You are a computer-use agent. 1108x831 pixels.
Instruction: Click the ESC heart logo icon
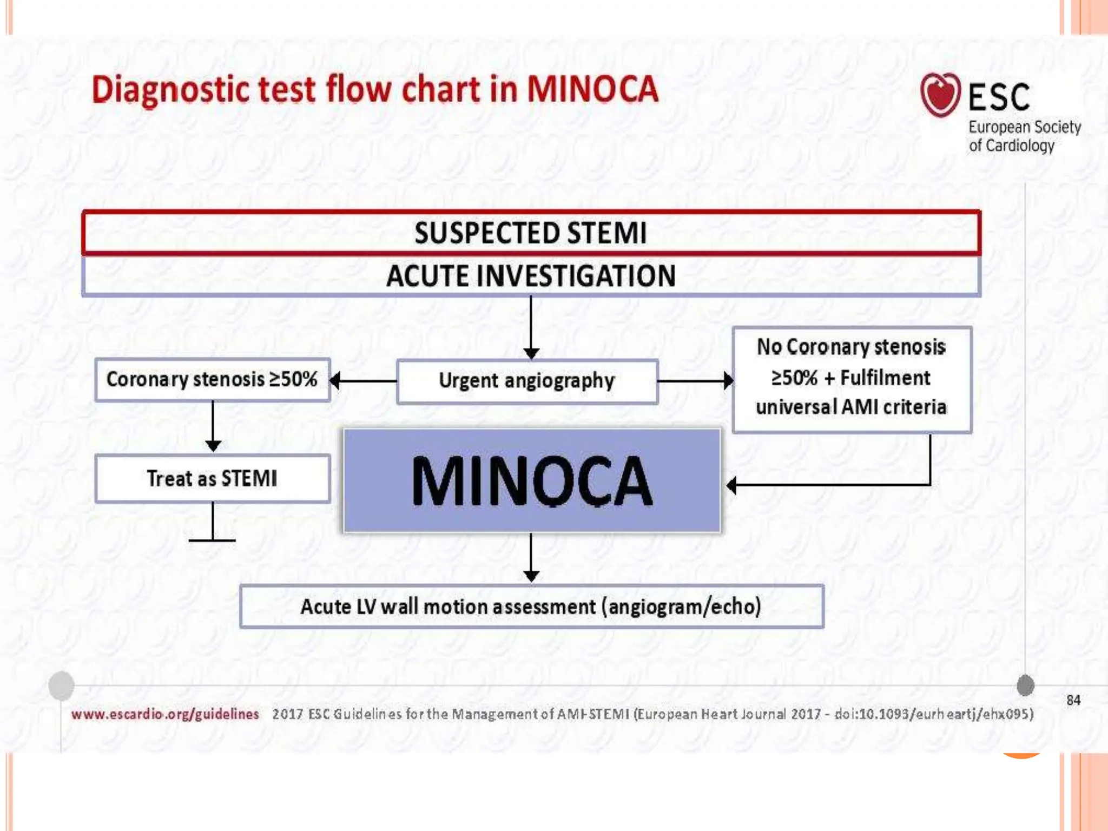pyautogui.click(x=940, y=95)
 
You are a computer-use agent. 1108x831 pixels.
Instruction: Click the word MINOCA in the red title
pyautogui.click(x=592, y=89)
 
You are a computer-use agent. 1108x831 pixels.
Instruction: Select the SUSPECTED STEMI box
pyautogui.click(x=531, y=233)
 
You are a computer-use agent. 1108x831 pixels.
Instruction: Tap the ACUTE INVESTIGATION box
pyautogui.click(x=531, y=276)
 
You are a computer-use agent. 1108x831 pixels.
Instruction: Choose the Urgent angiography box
pyautogui.click(x=527, y=381)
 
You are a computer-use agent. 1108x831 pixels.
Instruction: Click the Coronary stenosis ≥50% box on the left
pyautogui.click(x=212, y=380)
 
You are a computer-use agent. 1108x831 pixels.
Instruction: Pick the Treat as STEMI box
pyautogui.click(x=212, y=479)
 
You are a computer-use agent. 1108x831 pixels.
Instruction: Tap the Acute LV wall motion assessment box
pyautogui.click(x=531, y=606)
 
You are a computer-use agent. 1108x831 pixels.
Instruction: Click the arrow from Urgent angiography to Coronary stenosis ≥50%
pyautogui.click(x=362, y=381)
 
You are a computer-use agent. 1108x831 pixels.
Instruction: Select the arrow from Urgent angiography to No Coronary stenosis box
pyautogui.click(x=695, y=381)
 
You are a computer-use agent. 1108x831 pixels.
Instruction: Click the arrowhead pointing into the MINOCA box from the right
pyautogui.click(x=732, y=485)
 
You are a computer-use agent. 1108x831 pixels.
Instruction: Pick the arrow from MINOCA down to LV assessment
pyautogui.click(x=531, y=557)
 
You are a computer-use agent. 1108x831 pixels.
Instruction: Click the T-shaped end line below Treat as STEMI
pyautogui.click(x=212, y=539)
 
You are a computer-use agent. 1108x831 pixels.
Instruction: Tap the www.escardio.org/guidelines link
pyautogui.click(x=165, y=714)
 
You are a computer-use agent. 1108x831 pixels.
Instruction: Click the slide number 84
pyautogui.click(x=1073, y=700)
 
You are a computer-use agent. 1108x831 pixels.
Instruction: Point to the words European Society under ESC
pyautogui.click(x=1024, y=127)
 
